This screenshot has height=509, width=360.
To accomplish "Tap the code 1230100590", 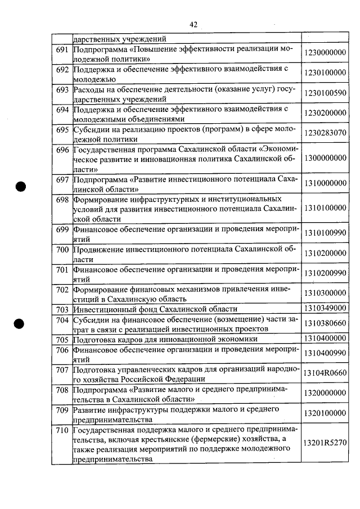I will click(x=325, y=93).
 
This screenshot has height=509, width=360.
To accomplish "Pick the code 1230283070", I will click(x=325, y=133).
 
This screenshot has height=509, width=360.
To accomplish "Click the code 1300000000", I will click(x=325, y=158).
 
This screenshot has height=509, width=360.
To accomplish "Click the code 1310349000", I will click(x=325, y=309).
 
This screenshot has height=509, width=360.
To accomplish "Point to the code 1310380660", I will click(x=325, y=324).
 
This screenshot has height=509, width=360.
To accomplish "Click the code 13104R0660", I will click(x=325, y=372).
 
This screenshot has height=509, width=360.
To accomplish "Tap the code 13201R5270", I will click(x=325, y=443).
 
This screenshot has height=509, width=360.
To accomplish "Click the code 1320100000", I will click(x=325, y=413).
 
